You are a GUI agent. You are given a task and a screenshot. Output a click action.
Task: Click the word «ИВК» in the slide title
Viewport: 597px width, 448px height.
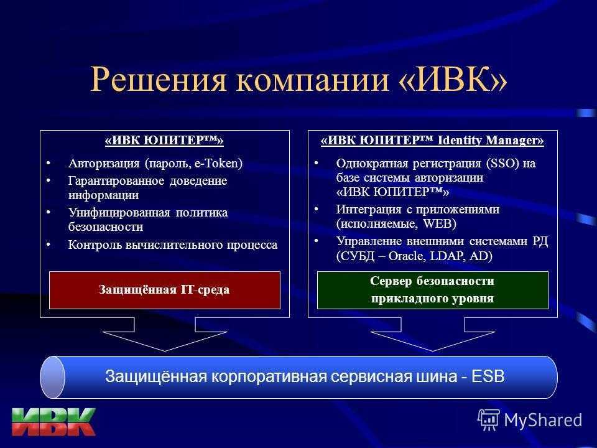(453, 79)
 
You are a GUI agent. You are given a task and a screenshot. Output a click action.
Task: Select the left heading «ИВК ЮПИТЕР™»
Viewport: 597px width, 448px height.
(164, 140)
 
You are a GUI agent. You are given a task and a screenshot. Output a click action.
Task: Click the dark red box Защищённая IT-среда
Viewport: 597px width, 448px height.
(164, 290)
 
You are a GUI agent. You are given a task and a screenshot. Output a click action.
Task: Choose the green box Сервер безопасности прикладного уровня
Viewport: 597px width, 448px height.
(433, 290)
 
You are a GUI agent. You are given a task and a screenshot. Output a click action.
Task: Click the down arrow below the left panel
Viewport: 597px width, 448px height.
(164, 334)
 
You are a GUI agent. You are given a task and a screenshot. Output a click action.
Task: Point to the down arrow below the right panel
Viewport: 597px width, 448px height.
(433, 334)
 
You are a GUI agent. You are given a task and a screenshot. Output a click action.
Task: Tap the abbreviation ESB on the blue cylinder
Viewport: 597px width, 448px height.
(488, 376)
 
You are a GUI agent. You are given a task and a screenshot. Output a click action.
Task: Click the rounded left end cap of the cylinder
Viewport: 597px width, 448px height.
(52, 377)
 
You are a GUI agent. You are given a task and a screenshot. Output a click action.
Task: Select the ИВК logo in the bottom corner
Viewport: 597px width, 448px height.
(53, 422)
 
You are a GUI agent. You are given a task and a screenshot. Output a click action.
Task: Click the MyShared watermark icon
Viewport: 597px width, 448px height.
(489, 419)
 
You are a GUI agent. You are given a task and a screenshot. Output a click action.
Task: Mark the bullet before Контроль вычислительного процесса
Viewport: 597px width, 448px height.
(49, 245)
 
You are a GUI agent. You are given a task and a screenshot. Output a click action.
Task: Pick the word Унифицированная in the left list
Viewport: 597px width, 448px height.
(119, 213)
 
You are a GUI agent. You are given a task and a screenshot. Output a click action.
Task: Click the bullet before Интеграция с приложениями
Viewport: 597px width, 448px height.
(316, 209)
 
